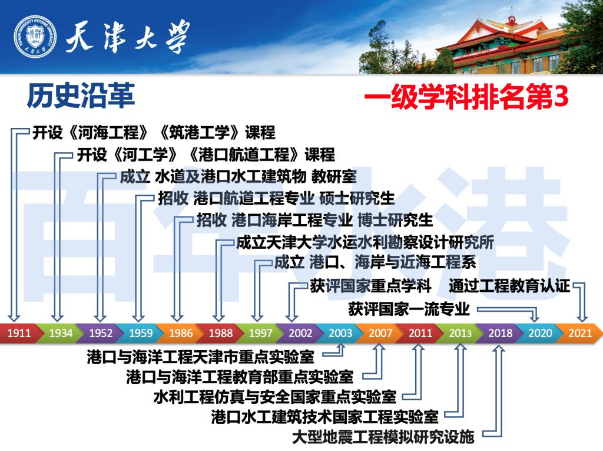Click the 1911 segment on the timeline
click(x=19, y=333)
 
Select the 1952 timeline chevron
click(x=101, y=333)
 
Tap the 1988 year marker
click(x=221, y=333)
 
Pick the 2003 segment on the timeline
click(x=340, y=333)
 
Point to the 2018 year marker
click(x=500, y=333)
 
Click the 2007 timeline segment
click(x=380, y=333)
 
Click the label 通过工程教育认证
click(x=509, y=287)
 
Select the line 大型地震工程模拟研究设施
click(x=383, y=437)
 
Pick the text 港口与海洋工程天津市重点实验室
click(x=200, y=356)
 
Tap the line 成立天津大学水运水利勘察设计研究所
click(x=365, y=243)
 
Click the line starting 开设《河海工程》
click(x=154, y=132)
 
